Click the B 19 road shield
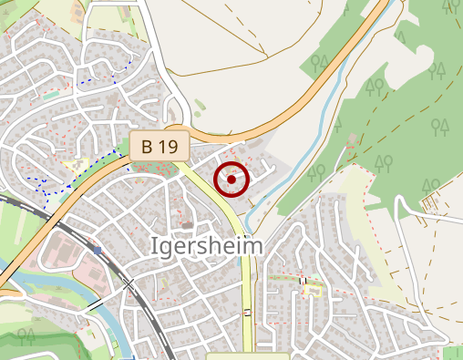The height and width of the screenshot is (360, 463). [159, 145]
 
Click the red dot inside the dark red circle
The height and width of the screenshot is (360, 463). [231, 180]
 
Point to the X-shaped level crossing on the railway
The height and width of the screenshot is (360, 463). [129, 285]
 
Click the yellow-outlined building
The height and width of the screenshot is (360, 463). [314, 290]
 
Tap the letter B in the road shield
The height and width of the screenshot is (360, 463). [147, 145]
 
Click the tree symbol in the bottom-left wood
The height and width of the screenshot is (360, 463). [23, 335]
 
